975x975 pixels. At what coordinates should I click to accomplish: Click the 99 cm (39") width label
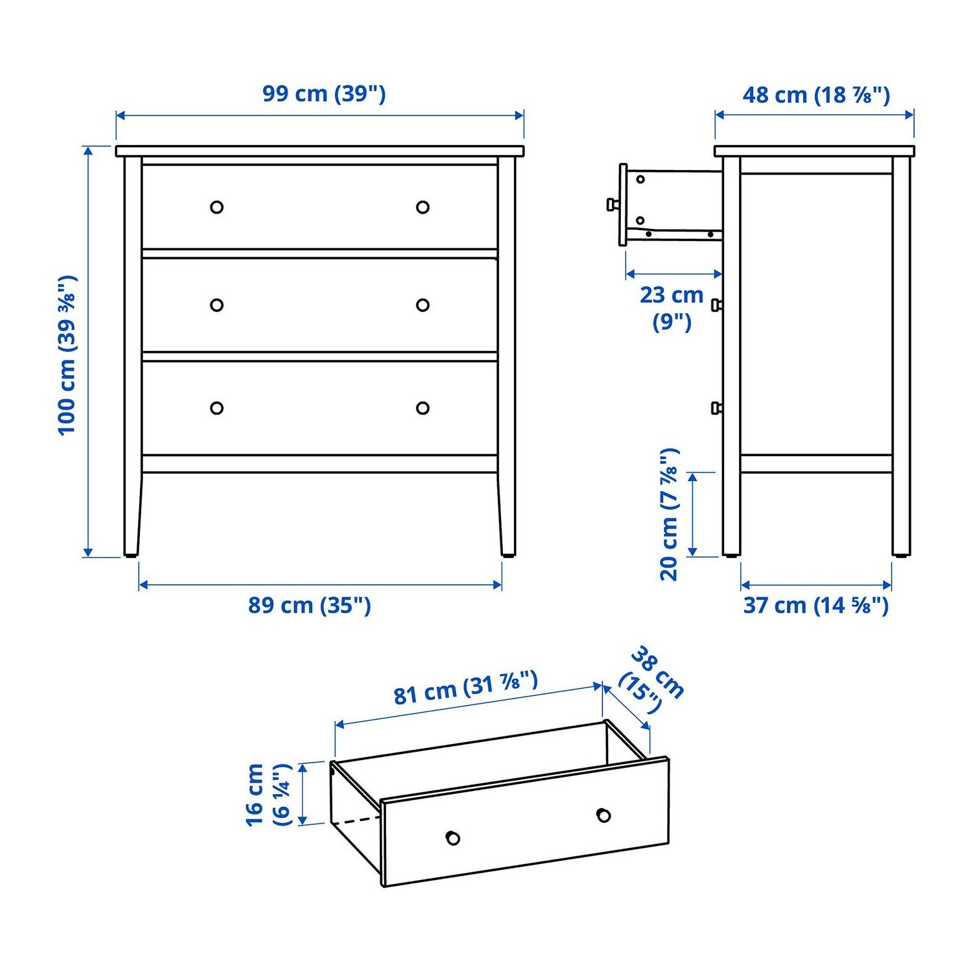point(324,94)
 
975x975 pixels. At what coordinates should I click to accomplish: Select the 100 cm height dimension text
point(67,355)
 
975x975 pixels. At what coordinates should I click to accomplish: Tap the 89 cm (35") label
point(309,605)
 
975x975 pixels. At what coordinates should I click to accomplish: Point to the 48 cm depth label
point(816,95)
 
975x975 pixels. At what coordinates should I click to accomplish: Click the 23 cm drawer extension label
point(672,307)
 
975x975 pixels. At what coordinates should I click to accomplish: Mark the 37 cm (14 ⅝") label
point(816,605)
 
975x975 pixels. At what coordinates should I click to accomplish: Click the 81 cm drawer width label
point(465,687)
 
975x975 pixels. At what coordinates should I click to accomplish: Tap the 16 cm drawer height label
point(268,794)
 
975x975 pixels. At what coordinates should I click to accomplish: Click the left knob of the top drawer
point(217,207)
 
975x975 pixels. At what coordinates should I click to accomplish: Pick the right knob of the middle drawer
point(423,305)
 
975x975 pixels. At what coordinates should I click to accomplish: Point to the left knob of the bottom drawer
point(217,408)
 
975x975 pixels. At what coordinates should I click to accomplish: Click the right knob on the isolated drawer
point(603,815)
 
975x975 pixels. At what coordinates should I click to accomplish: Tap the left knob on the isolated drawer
point(453,838)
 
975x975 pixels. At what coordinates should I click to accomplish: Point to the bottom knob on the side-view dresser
point(716,408)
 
